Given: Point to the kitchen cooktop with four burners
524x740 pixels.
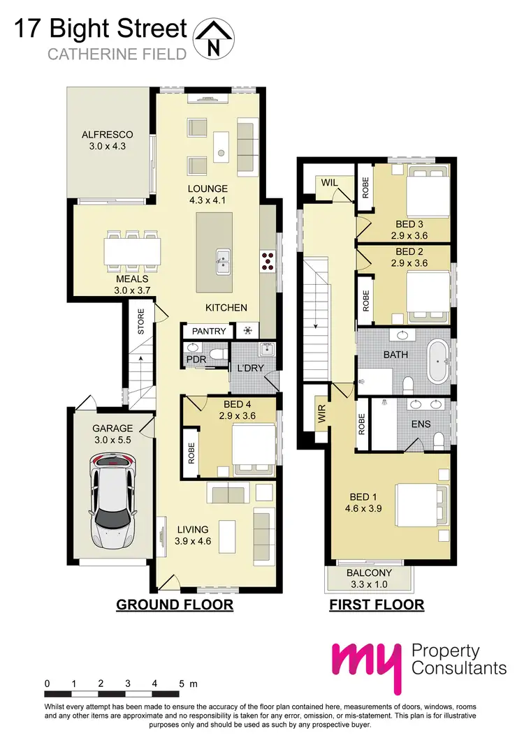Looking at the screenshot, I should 268,260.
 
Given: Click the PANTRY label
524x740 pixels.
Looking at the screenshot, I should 208,330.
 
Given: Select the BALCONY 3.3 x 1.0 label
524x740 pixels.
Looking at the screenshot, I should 370,579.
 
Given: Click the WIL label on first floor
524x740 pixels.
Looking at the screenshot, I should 330,182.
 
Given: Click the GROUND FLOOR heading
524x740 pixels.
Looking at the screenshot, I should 174,605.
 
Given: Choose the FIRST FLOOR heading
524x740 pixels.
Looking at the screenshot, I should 377,605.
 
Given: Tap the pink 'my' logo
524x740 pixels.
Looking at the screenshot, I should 367,664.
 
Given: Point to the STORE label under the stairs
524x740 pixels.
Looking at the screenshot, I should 140,321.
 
